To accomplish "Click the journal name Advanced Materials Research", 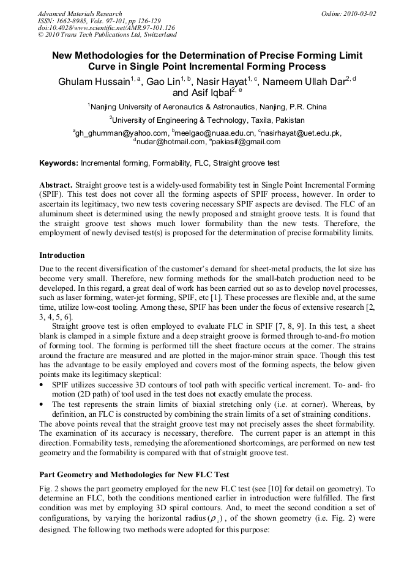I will [x=80, y=13].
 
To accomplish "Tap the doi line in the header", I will [x=106, y=28].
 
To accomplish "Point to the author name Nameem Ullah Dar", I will [x=306, y=82].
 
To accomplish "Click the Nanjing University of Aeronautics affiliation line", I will [x=209, y=106].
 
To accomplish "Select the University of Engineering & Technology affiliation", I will [x=208, y=120].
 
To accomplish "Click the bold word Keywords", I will [x=59, y=164].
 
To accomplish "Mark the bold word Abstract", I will [x=56, y=185].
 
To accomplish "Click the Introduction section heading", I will [x=62, y=255].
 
